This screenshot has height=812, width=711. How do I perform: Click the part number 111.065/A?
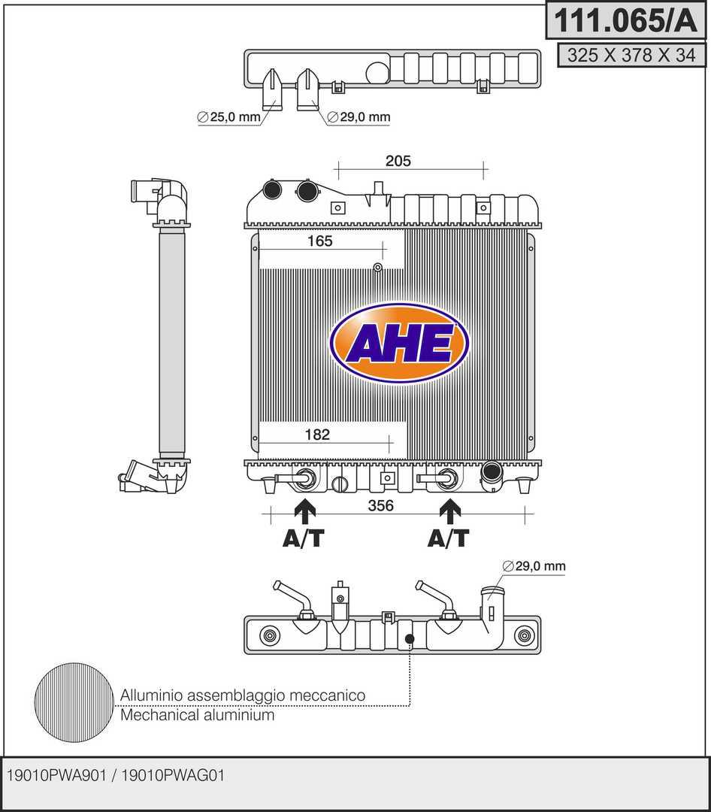[x=626, y=20]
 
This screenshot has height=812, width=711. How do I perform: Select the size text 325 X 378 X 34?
[x=631, y=55]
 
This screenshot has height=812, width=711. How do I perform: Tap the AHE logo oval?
[x=399, y=344]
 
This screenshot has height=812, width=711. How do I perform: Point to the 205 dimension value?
[x=398, y=160]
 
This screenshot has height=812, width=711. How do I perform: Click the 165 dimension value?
[x=319, y=241]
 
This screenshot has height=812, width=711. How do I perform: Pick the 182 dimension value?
[x=318, y=435]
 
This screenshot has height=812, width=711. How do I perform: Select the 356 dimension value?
[x=381, y=506]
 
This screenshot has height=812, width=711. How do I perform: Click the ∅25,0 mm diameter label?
[x=228, y=117]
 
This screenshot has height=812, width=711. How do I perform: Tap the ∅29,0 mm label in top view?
[x=359, y=117]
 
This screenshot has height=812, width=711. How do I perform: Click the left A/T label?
[x=304, y=538]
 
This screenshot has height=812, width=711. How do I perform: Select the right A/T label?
[x=449, y=538]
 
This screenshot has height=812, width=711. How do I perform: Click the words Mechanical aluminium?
[x=197, y=715]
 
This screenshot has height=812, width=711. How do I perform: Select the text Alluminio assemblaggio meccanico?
[x=242, y=695]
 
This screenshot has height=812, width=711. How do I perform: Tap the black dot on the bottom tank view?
[x=410, y=640]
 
